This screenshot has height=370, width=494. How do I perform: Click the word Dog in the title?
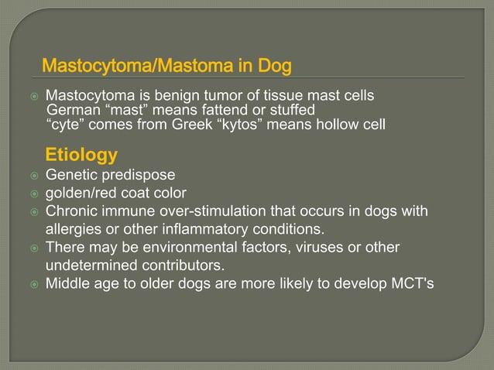(x=274, y=66)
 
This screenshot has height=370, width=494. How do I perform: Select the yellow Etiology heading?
(x=81, y=156)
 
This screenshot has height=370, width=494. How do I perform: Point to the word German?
(x=74, y=110)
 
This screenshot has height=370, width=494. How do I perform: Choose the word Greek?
(x=192, y=124)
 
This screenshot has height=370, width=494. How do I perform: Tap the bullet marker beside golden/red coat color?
(x=34, y=194)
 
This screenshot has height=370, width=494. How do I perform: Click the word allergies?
(x=74, y=229)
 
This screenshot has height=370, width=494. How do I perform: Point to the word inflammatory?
(x=204, y=229)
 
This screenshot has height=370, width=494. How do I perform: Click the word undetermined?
(x=91, y=266)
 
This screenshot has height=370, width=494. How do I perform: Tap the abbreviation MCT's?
(x=413, y=283)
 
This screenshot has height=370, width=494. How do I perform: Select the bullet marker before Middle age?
(x=34, y=285)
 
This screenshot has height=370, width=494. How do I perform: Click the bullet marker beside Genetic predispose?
(x=34, y=176)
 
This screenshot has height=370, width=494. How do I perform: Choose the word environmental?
(x=190, y=248)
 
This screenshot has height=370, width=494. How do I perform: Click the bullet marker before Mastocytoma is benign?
(x=34, y=96)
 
